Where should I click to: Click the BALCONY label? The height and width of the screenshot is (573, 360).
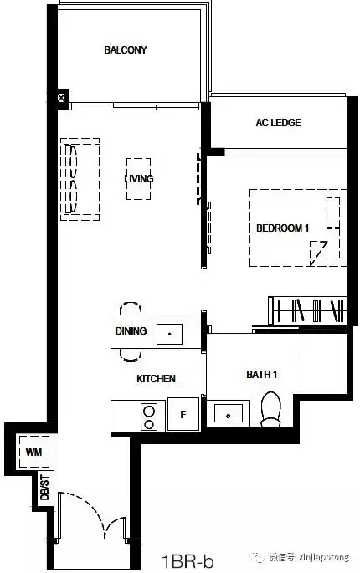pyautogui.click(x=126, y=49)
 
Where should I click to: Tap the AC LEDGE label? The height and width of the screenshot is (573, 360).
pyautogui.click(x=279, y=122)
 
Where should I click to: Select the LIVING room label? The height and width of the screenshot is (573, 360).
pyautogui.click(x=139, y=178)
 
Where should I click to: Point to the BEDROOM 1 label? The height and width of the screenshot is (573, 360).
pyautogui.click(x=282, y=228)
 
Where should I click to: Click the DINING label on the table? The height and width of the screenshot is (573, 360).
pyautogui.click(x=131, y=330)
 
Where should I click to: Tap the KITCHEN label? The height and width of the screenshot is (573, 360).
pyautogui.click(x=157, y=379)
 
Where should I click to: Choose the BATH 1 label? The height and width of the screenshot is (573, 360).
pyautogui.click(x=261, y=374)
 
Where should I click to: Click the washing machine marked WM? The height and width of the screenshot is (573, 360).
pyautogui.click(x=34, y=452)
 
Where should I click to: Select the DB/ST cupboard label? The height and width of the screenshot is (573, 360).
pyautogui.click(x=44, y=488)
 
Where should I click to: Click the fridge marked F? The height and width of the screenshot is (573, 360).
pyautogui.click(x=183, y=414)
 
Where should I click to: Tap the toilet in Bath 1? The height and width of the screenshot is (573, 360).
pyautogui.click(x=271, y=409)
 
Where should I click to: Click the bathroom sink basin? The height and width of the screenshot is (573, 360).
pyautogui.click(x=229, y=413)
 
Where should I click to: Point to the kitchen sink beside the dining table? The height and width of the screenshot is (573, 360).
pyautogui.click(x=169, y=334)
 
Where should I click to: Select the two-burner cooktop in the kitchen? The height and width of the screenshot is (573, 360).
pyautogui.click(x=149, y=417)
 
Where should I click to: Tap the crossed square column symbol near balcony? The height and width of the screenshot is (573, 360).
pyautogui.click(x=61, y=98)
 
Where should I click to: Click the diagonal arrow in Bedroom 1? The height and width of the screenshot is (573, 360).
pyautogui.click(x=319, y=253)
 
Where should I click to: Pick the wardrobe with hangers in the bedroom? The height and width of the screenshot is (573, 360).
pyautogui.click(x=308, y=310)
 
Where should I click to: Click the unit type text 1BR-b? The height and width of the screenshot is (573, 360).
pyautogui.click(x=188, y=561)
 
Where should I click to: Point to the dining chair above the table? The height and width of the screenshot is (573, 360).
pyautogui.click(x=131, y=308)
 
